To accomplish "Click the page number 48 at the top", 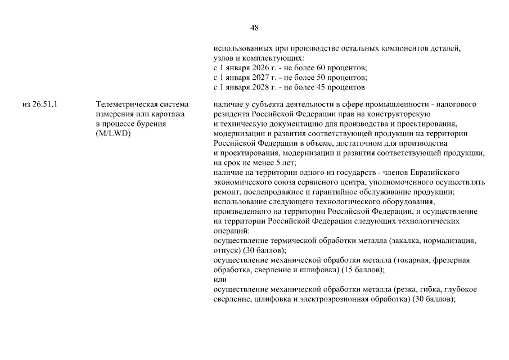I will tap(254, 28).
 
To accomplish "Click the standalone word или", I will tap(220, 279).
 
